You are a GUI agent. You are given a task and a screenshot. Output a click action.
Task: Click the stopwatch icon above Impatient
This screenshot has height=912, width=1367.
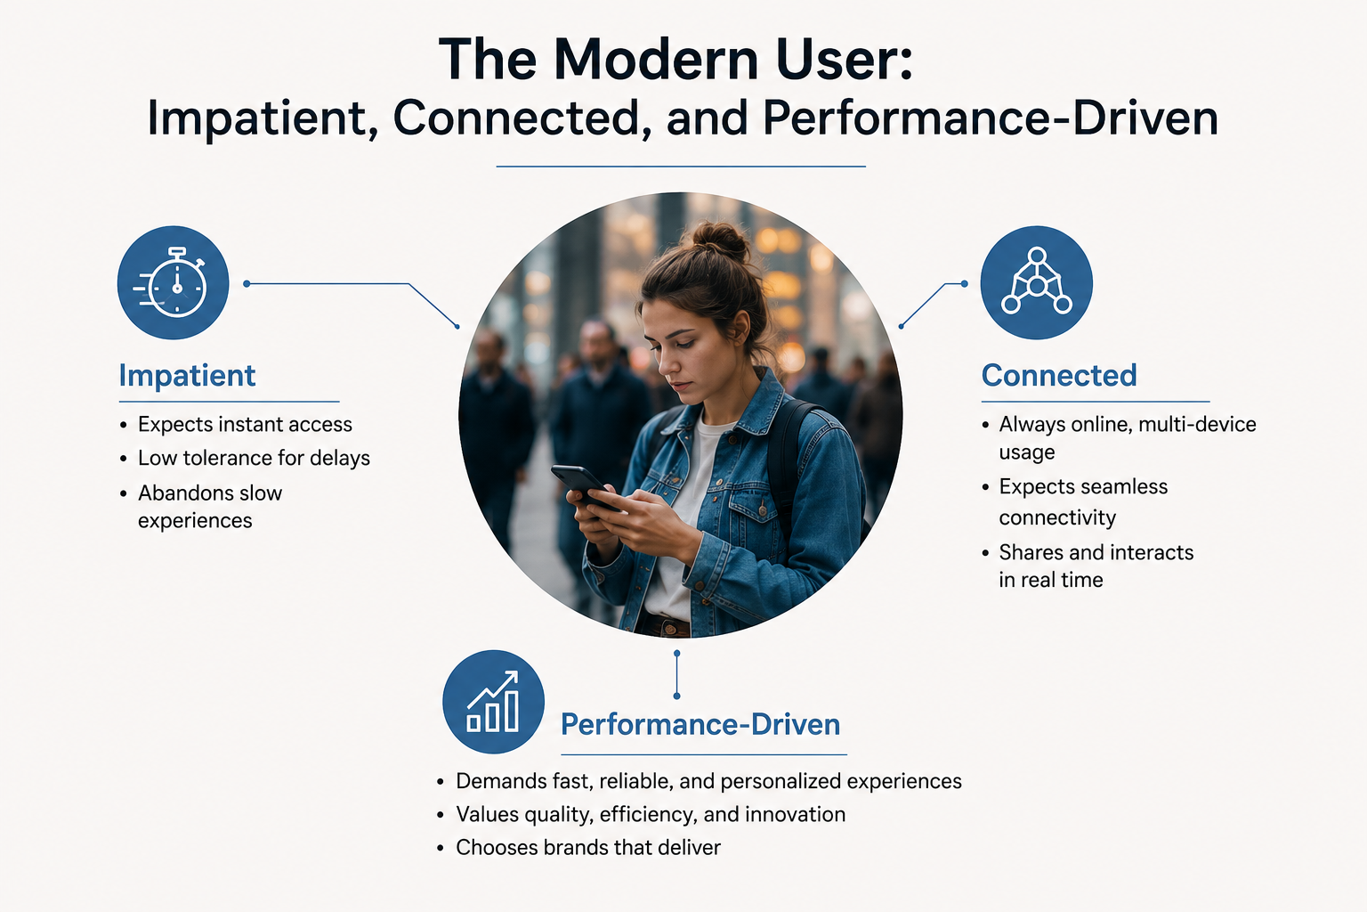point(173,282)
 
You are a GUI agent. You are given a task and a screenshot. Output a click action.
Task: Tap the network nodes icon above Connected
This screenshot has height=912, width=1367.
point(1036,282)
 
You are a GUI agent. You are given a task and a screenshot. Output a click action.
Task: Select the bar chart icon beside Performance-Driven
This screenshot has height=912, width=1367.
point(493,701)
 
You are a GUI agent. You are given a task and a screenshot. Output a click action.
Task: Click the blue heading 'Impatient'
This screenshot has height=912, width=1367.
point(187,375)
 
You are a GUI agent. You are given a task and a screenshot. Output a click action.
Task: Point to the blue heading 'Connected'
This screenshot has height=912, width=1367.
point(1059,375)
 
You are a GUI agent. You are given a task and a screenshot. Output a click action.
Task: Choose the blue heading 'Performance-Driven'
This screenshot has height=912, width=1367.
point(700,724)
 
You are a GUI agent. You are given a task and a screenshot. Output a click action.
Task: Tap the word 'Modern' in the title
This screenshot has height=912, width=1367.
point(658,59)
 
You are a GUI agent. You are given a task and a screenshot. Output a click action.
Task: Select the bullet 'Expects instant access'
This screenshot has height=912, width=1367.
point(245,424)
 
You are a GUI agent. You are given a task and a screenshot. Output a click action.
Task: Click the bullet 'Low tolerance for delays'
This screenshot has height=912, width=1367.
point(254,458)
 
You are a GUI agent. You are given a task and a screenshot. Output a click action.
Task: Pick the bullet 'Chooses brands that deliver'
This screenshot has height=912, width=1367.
point(588,847)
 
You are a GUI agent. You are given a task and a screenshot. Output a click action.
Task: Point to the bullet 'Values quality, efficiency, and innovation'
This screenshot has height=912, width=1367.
point(651,814)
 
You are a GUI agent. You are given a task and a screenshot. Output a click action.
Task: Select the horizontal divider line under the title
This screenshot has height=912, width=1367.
point(681,167)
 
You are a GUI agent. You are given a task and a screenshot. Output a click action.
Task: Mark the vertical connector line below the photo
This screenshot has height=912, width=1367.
point(676,674)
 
